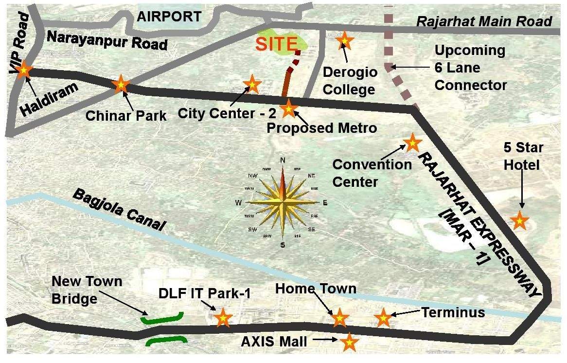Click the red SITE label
pos(276,44)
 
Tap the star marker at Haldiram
pos(23,71)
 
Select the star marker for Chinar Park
pos(121,85)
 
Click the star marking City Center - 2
pos(252,84)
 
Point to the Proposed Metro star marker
pos(288,109)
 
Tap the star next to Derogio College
pos(345,40)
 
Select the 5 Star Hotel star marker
pos(520,221)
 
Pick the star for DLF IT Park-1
pos(223,317)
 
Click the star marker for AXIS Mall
pos(349,342)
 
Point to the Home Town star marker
pos(340,318)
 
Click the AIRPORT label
pos(169,17)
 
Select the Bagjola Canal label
pos(119,210)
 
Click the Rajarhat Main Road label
pos(484,21)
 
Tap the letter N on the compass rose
pos(282,160)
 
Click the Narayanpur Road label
pos(106,39)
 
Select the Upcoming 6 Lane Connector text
pos(470,68)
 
